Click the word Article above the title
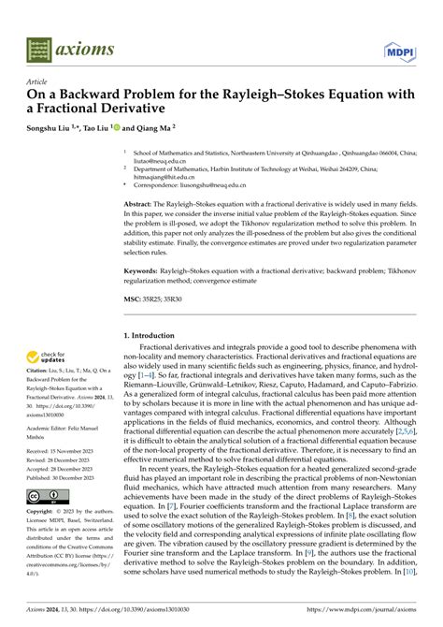click(36, 81)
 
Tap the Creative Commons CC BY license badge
click(44, 495)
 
